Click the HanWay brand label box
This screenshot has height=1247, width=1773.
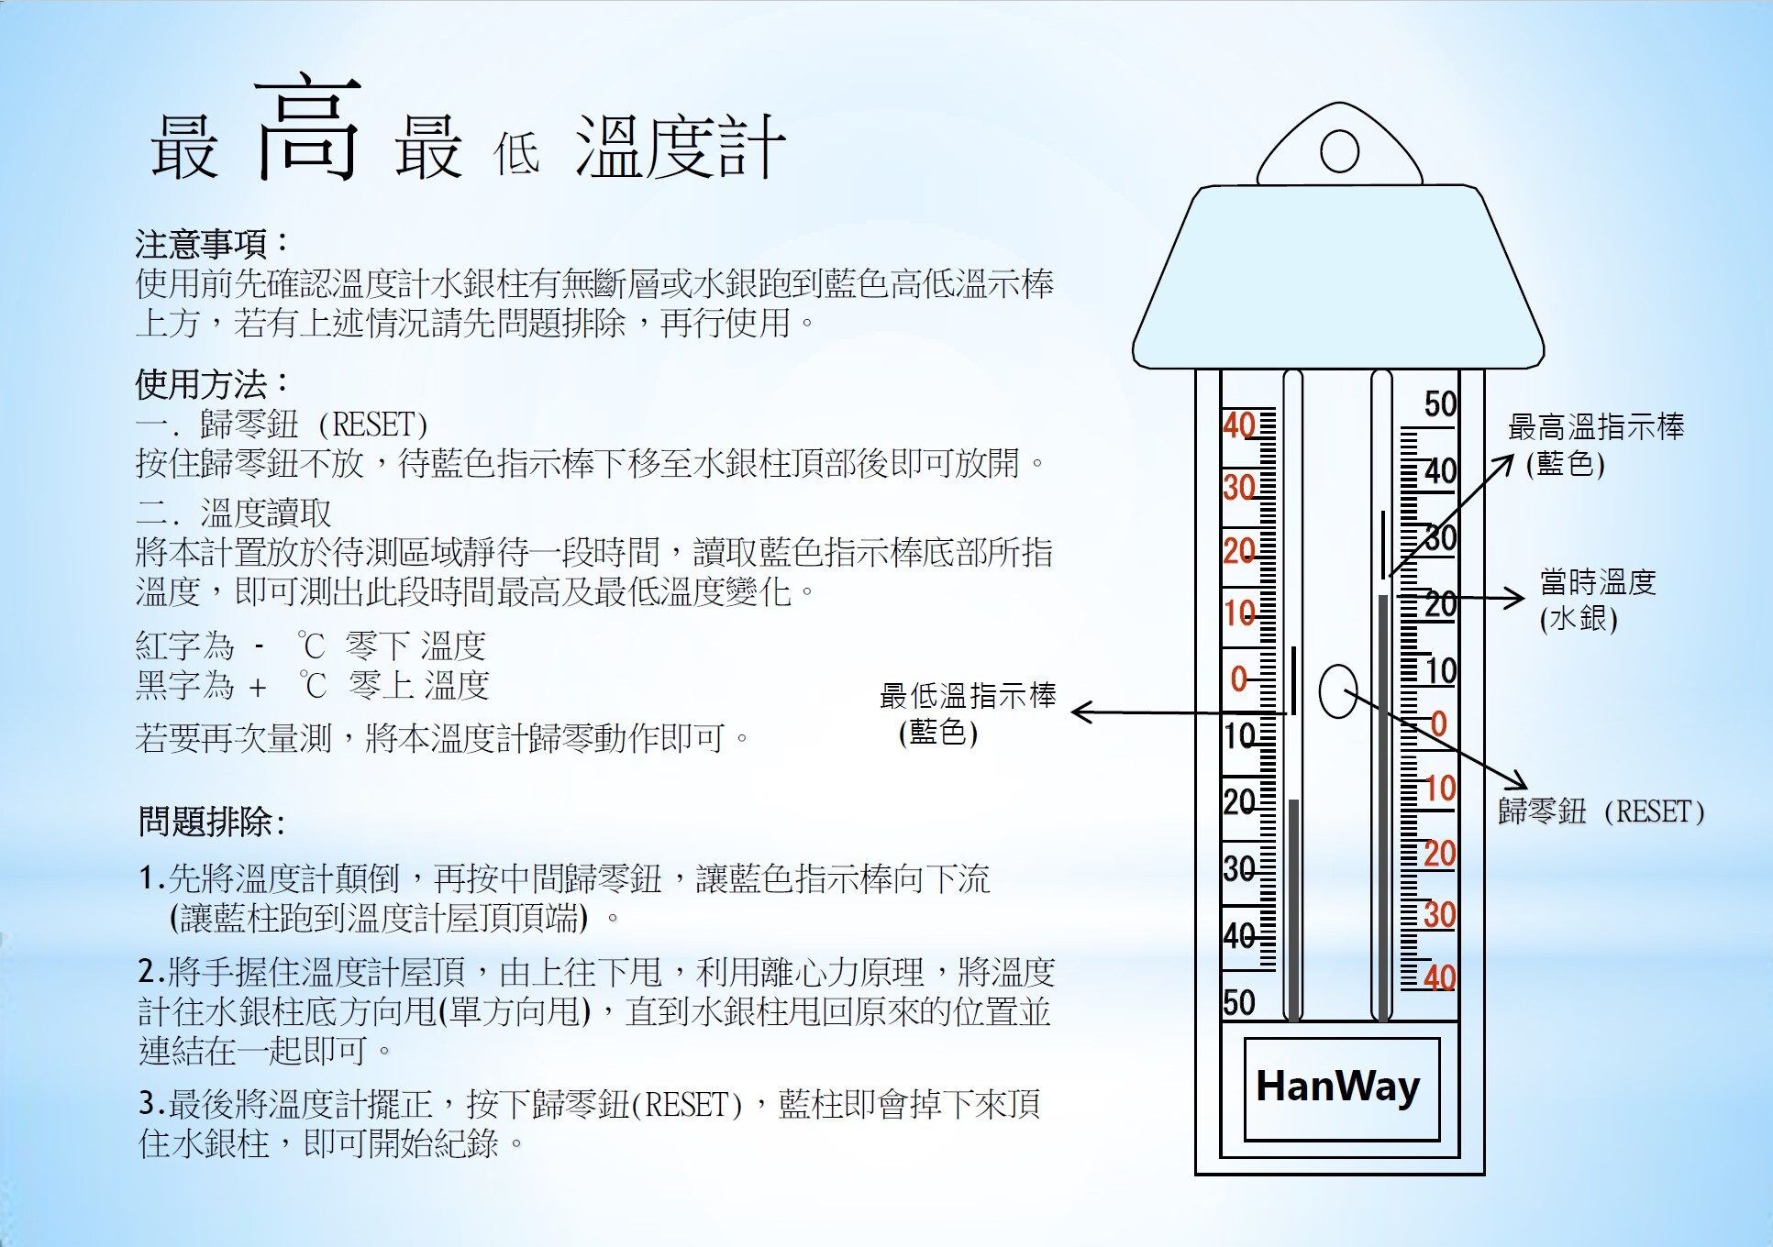point(1341,1088)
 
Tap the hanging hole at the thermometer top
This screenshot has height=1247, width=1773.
point(1339,151)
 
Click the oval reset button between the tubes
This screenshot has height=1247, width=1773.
point(1338,691)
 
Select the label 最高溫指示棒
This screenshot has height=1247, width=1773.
point(1596,426)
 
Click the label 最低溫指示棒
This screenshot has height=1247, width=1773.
point(968,695)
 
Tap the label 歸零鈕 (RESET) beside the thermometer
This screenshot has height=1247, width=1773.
point(1601,811)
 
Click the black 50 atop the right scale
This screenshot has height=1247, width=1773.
point(1440,403)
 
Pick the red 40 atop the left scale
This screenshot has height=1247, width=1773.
point(1239,425)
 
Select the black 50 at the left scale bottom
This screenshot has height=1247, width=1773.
point(1239,1002)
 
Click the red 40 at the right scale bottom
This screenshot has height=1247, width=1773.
point(1440,977)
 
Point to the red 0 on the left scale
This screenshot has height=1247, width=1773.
point(1239,679)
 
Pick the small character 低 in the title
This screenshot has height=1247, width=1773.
point(516,152)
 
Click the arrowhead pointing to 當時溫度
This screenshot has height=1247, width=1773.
point(1513,598)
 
